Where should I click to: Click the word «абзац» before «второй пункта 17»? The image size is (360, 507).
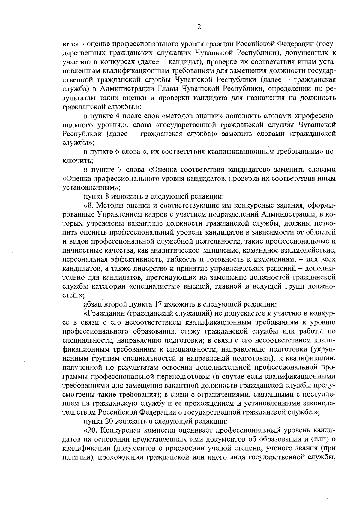pyautogui.click(x=93, y=304)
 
